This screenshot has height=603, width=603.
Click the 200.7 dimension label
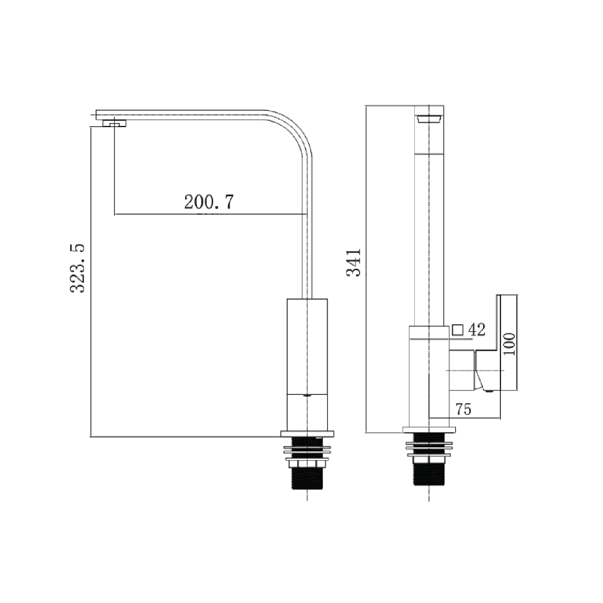click(209, 201)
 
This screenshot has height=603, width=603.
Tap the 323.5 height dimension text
click(77, 268)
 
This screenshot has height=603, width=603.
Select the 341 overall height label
click(354, 262)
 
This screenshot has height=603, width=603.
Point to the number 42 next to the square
click(477, 329)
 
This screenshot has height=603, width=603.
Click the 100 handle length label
click(509, 344)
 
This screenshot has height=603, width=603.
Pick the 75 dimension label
click(463, 409)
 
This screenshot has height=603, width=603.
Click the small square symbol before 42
click(458, 330)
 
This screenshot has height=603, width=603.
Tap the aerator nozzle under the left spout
click(114, 123)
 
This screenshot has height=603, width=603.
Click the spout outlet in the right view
click(429, 119)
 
